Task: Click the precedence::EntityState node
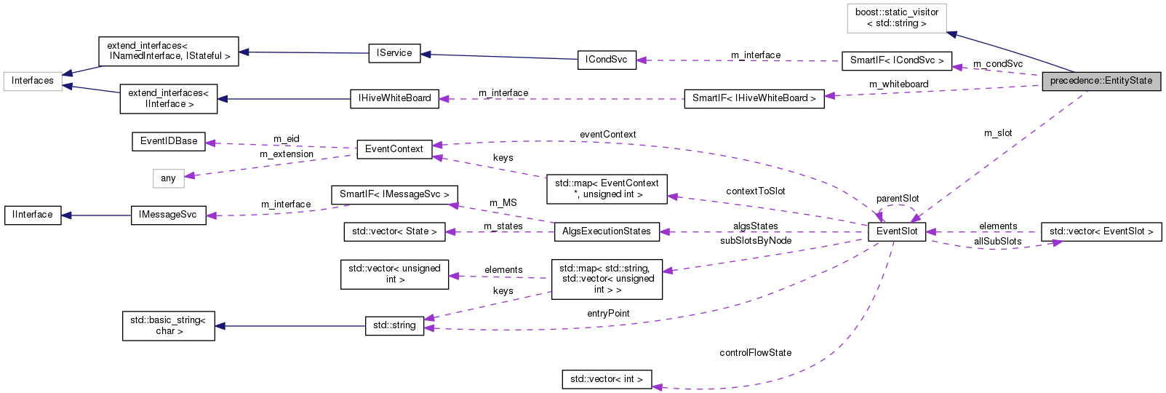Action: click(x=1101, y=81)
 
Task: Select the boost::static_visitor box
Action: click(x=896, y=17)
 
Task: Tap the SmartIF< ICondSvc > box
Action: click(x=896, y=60)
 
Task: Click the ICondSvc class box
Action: click(x=606, y=60)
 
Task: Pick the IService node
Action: click(x=394, y=53)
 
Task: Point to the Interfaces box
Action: click(x=32, y=81)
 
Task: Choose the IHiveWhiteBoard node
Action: click(x=394, y=98)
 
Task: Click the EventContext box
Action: click(x=394, y=149)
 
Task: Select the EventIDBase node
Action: click(x=168, y=141)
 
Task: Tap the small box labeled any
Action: click(x=168, y=178)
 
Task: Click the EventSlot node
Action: click(x=896, y=231)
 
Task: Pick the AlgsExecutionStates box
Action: click(x=606, y=231)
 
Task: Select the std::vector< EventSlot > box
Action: click(x=1101, y=231)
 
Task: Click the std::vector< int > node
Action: click(x=606, y=379)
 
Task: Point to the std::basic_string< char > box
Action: click(x=168, y=325)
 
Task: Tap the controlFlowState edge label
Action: click(x=755, y=353)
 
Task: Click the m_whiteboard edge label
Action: click(x=898, y=84)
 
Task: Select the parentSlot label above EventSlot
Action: click(x=897, y=199)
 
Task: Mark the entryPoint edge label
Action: click(x=608, y=314)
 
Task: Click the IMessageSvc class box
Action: click(x=168, y=215)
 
